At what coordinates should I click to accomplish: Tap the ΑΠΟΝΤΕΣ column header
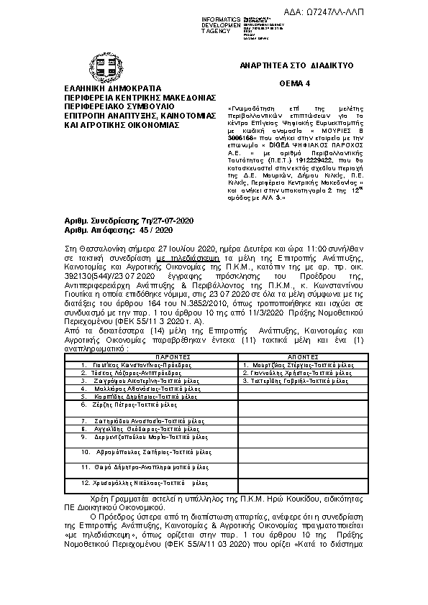302,356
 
